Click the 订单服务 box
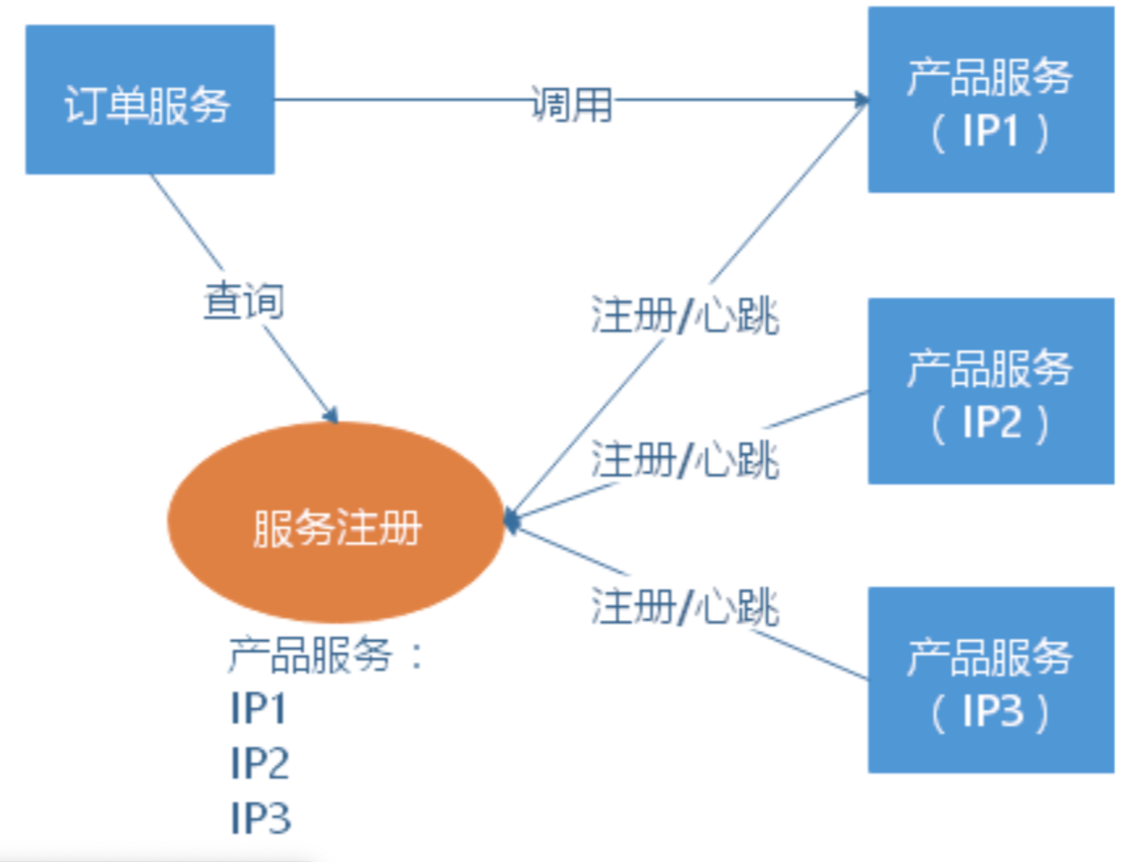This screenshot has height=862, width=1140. tap(150, 100)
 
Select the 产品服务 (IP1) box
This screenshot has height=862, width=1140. tap(990, 100)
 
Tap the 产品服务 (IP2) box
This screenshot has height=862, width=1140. tap(990, 391)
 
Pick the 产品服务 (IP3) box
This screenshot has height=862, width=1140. tap(990, 680)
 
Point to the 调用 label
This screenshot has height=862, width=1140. tap(571, 105)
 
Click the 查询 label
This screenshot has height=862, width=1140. tap(243, 301)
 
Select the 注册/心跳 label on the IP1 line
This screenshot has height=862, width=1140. tap(684, 315)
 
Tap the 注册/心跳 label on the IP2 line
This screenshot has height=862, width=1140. tap(684, 460)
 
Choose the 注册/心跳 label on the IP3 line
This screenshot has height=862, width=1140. tap(684, 606)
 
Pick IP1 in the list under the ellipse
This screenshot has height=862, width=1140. tap(258, 709)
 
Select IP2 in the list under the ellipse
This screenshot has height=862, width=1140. tap(260, 763)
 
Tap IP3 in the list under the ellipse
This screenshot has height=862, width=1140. tap(260, 817)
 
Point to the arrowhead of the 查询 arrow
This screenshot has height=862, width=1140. tap(331, 415)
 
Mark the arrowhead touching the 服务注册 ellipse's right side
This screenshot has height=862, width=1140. tap(511, 520)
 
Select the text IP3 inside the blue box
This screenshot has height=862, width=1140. tap(992, 712)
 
